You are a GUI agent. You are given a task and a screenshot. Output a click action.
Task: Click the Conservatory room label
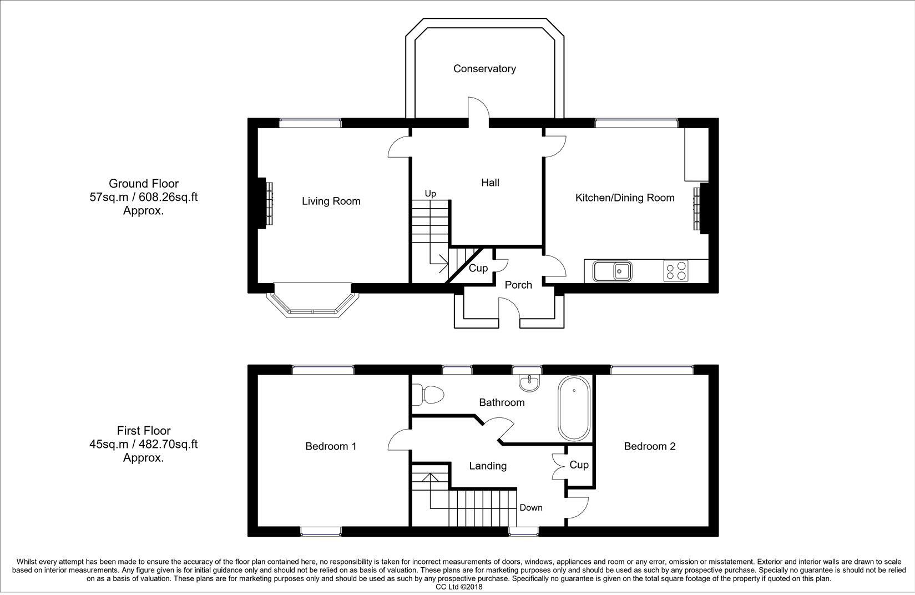click(x=484, y=69)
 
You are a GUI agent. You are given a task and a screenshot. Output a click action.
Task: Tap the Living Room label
click(x=331, y=201)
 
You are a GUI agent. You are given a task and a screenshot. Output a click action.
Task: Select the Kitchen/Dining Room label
click(x=625, y=198)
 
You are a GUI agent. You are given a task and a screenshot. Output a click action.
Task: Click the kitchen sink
click(x=613, y=271)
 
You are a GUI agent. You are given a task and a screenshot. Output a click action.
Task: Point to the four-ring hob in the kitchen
click(x=676, y=271)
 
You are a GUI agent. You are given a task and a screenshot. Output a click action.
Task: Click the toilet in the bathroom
click(x=428, y=395)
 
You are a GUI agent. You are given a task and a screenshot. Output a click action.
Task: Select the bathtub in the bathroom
click(x=574, y=408)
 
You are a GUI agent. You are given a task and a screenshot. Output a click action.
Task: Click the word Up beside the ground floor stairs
click(x=430, y=194)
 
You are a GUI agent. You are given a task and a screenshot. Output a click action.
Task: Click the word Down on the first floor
click(x=530, y=507)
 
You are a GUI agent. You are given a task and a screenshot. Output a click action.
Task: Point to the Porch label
click(x=518, y=285)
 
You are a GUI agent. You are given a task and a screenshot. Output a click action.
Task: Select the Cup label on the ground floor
click(x=478, y=269)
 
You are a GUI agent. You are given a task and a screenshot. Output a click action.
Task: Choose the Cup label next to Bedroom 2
click(x=579, y=465)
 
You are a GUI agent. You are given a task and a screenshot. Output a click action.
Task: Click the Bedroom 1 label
click(x=331, y=446)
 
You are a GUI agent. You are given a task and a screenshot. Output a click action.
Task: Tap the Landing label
click(x=488, y=466)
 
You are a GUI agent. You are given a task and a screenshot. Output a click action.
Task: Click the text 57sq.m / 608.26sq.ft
click(x=143, y=198)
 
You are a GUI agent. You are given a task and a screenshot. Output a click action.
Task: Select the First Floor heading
click(x=143, y=431)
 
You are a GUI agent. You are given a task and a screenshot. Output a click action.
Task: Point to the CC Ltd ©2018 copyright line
click(x=459, y=587)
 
